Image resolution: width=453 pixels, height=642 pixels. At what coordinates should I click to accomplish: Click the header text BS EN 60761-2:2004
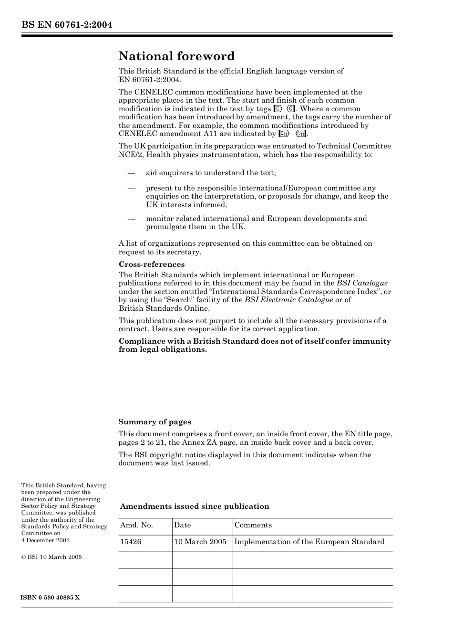pos(66,25)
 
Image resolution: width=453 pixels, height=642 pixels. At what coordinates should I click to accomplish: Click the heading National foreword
pos(176,56)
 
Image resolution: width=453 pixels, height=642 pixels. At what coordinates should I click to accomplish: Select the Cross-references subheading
pos(152,264)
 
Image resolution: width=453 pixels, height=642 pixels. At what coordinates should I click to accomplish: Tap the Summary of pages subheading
pos(154,422)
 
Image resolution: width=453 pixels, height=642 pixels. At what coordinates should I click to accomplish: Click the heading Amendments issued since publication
pos(195,506)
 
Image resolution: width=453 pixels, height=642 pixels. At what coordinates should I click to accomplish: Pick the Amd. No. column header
pos(136,525)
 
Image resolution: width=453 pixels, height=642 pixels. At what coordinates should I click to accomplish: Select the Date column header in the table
pos(182,525)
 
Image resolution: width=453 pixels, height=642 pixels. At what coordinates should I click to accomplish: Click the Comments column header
pos(253,525)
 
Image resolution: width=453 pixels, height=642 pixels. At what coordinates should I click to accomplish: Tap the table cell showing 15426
pos(131,542)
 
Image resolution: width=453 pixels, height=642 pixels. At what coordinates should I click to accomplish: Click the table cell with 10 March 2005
pos(200,542)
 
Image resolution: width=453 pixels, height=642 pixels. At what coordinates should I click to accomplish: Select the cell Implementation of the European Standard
pos(309,542)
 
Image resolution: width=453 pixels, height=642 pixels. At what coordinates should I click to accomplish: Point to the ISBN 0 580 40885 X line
pos(51,598)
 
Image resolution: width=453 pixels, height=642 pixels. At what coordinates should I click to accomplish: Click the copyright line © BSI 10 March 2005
pos(51,557)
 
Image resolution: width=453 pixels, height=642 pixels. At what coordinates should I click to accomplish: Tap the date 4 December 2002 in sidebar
pos(45,540)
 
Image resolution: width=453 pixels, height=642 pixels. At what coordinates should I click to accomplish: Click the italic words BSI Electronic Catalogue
pos(288,300)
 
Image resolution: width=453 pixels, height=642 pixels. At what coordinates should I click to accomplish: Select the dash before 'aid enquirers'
pos(132,173)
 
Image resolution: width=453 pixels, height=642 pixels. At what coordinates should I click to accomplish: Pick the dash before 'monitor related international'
pos(132,219)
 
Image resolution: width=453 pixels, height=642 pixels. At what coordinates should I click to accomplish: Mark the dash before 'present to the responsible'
pos(132,188)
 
